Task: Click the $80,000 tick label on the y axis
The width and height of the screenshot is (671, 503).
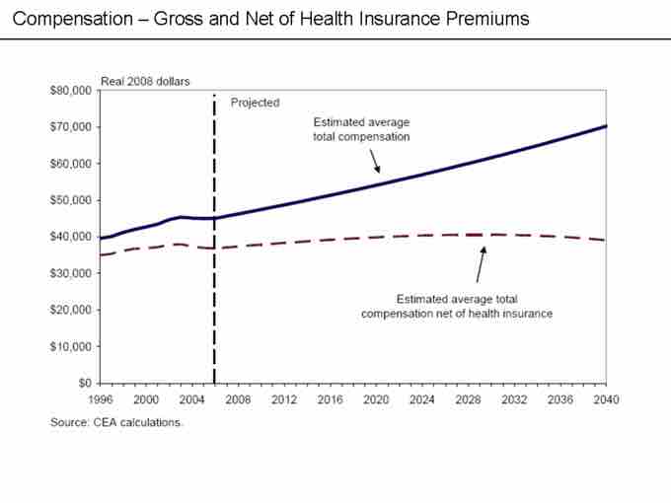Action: click(x=72, y=91)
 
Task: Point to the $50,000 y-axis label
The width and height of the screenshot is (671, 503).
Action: click(x=72, y=200)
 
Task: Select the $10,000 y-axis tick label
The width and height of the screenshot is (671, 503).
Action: click(x=72, y=346)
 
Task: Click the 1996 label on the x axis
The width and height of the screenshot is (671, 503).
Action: click(x=101, y=399)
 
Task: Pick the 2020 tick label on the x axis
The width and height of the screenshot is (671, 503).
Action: click(x=375, y=399)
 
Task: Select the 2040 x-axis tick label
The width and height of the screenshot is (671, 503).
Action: click(x=606, y=399)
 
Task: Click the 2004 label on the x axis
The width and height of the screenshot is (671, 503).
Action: click(x=192, y=399)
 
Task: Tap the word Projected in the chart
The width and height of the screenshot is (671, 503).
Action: click(x=255, y=103)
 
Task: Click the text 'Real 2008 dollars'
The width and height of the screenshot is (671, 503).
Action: click(x=145, y=81)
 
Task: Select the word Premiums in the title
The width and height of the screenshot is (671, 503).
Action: click(x=491, y=19)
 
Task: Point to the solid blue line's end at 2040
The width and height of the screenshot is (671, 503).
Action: click(x=605, y=126)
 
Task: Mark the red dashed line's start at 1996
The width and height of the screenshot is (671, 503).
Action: click(x=101, y=255)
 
